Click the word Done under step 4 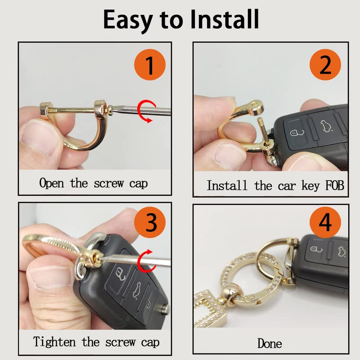(270, 344)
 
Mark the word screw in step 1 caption (108, 183)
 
